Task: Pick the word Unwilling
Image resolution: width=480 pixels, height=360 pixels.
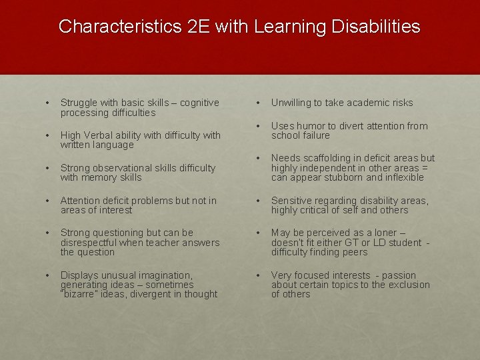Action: pos(291,103)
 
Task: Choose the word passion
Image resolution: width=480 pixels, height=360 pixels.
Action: pos(398,275)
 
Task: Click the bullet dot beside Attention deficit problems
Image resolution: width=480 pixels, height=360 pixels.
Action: pos(47,201)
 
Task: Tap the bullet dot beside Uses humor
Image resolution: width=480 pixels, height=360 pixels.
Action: pos(258,126)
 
